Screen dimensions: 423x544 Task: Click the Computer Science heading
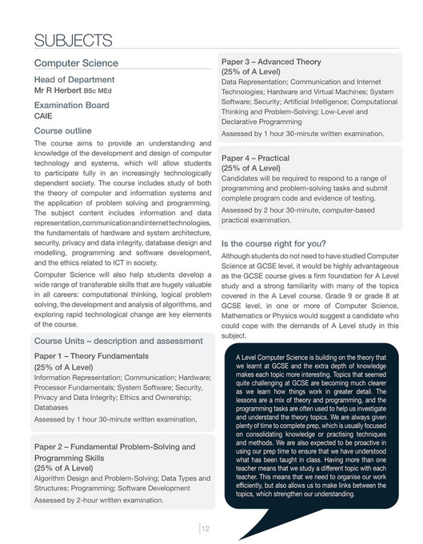point(76,63)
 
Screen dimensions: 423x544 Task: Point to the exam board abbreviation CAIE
point(44,116)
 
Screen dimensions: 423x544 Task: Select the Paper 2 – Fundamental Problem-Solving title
point(114,446)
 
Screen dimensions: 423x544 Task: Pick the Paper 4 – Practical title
point(261,158)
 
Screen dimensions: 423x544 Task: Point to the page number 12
point(206,528)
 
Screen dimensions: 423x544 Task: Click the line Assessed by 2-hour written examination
point(98,500)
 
